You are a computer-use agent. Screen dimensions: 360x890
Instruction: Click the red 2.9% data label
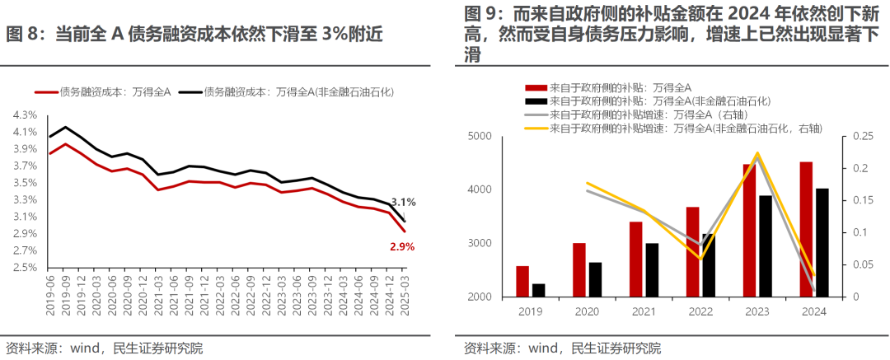(x=402, y=246)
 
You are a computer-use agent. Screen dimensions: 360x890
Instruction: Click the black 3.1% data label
(x=403, y=202)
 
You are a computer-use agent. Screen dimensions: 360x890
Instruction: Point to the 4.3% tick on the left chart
(x=25, y=115)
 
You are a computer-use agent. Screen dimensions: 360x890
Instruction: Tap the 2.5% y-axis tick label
(x=25, y=268)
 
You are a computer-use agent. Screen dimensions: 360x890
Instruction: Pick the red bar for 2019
(x=522, y=281)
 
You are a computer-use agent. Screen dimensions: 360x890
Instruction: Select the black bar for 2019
(x=539, y=290)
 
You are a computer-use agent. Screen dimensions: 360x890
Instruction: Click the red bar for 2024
(x=806, y=229)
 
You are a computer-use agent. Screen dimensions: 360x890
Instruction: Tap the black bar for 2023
(x=766, y=245)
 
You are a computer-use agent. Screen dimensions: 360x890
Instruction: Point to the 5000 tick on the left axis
(x=477, y=137)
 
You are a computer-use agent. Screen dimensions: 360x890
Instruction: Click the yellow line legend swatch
(x=536, y=129)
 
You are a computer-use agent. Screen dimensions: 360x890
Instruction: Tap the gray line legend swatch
(x=536, y=115)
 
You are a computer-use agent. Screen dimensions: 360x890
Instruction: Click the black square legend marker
(x=536, y=101)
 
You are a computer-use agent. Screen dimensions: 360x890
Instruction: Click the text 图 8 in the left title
(x=21, y=35)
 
